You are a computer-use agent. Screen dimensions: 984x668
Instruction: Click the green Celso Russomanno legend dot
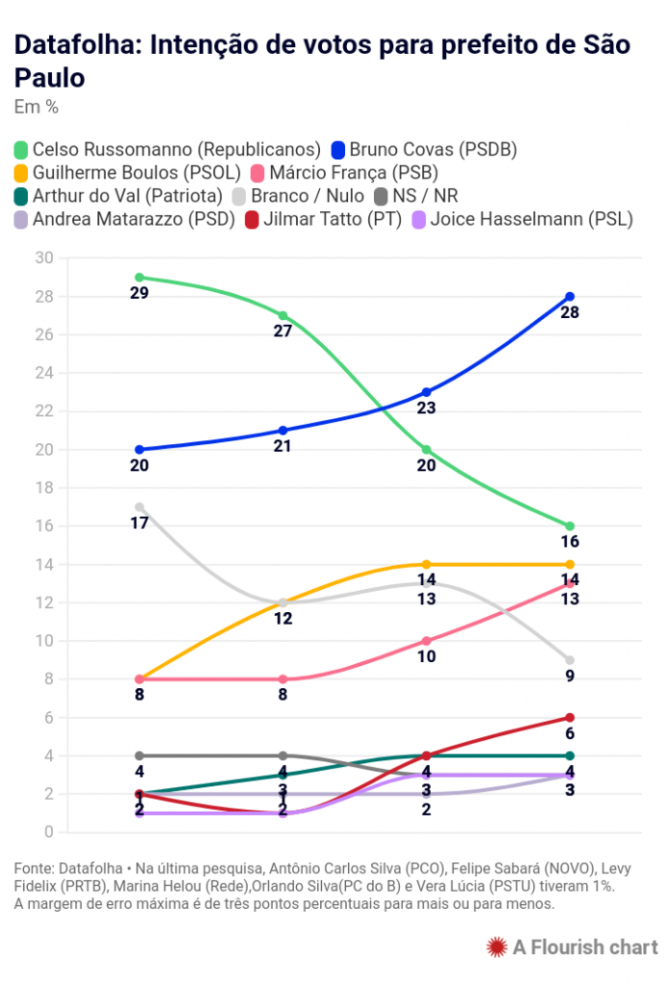point(21,150)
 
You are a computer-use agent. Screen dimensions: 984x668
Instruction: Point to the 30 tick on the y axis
point(44,258)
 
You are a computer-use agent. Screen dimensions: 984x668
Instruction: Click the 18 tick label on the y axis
point(44,488)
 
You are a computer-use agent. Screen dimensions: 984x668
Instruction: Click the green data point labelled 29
point(139,277)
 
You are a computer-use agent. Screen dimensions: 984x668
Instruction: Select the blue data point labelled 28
point(570,296)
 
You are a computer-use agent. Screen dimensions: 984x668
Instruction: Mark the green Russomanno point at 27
point(283,315)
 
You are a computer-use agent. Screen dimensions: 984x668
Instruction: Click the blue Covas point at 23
point(426,392)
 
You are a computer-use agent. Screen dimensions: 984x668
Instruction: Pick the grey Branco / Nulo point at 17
point(139,506)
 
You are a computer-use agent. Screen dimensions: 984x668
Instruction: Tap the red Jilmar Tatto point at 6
point(570,718)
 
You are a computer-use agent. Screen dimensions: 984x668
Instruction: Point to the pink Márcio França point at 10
point(426,641)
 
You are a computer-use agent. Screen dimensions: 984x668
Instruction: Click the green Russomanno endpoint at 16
point(570,526)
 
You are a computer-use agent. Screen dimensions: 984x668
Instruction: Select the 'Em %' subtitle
point(37,107)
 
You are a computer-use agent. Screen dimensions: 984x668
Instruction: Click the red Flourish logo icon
point(496,947)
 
